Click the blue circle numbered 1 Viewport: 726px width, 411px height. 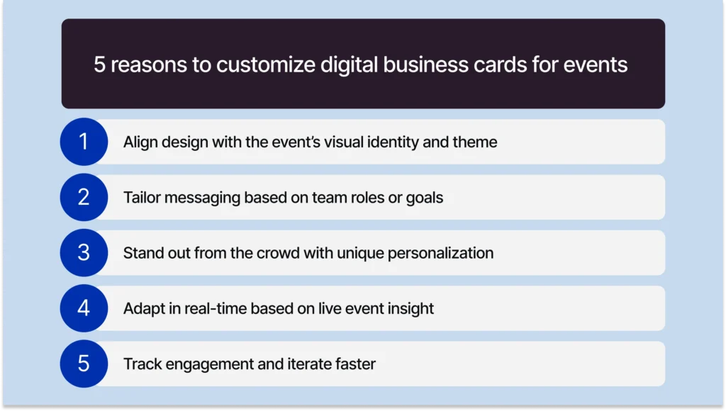84,142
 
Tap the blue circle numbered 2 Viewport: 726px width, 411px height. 84,197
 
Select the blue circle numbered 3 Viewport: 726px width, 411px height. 84,252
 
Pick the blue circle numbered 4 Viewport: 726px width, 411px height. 84,308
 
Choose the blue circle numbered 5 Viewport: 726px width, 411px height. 84,364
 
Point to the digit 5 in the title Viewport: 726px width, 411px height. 100,65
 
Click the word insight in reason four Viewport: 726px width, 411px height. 411,308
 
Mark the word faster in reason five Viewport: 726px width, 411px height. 353,364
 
